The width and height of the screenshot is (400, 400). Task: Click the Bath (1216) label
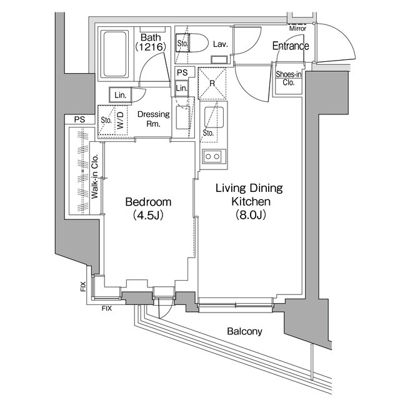151,42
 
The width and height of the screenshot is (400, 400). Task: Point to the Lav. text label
220,44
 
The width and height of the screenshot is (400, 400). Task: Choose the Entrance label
291,46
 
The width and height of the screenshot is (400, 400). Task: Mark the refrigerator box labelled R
212,82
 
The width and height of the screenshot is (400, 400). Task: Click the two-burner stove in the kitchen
212,156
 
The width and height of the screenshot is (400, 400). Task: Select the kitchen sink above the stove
214,116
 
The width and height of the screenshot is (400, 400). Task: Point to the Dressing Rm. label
150,119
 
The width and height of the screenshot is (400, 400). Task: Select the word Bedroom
147,202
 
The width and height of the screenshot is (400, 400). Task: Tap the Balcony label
244,332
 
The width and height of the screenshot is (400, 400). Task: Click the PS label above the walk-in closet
79,119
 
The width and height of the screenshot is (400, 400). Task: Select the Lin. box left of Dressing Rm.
119,95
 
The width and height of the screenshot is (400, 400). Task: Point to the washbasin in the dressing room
182,117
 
